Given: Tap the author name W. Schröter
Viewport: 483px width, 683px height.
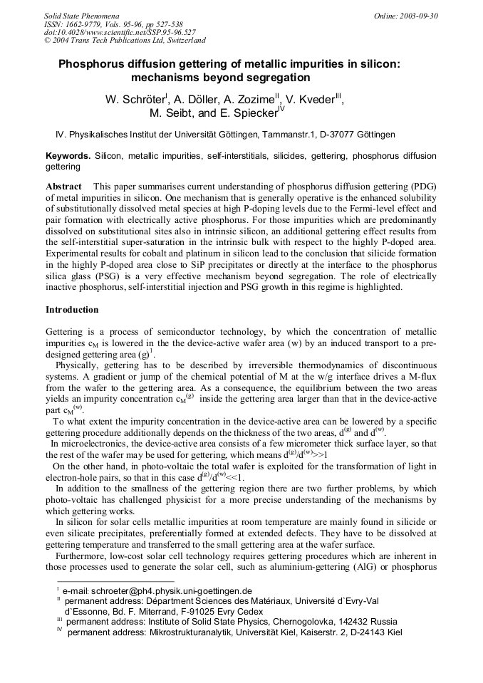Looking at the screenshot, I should (x=135, y=100).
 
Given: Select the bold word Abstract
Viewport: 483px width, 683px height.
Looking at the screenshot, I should (x=63, y=186).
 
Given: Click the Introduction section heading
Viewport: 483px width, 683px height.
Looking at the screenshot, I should (x=72, y=310).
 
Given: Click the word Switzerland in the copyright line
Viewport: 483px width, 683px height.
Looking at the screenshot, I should (x=180, y=41).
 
